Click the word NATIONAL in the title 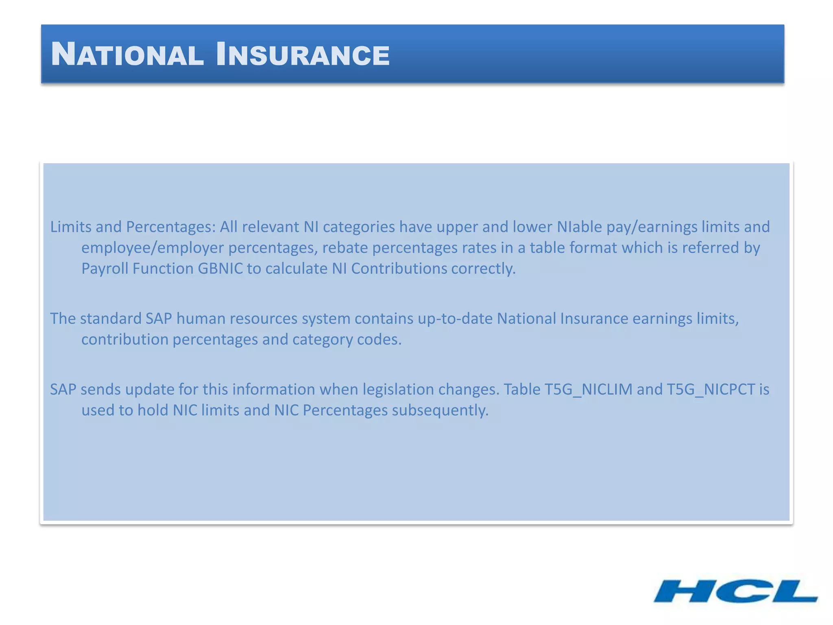pyautogui.click(x=127, y=55)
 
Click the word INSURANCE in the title pyautogui.click(x=303, y=55)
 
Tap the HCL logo pyautogui.click(x=735, y=592)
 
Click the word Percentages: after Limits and pyautogui.click(x=170, y=227)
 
